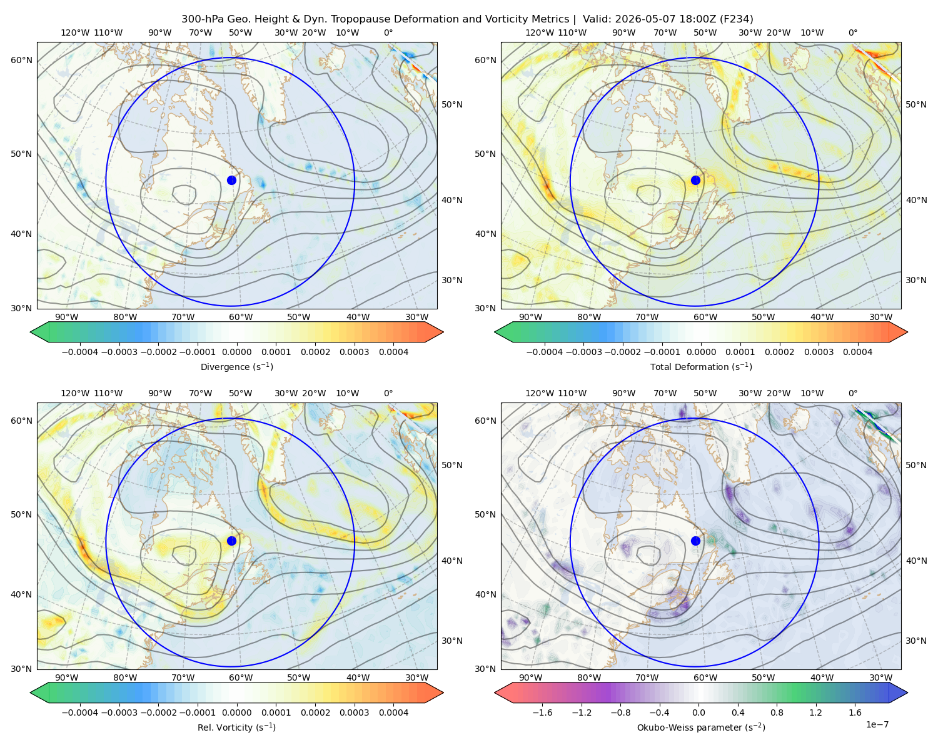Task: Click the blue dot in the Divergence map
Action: point(231,180)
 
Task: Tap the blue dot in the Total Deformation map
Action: point(695,180)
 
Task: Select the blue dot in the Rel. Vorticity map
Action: point(231,541)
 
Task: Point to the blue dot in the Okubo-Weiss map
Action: point(695,541)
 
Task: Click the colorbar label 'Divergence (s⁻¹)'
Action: point(236,366)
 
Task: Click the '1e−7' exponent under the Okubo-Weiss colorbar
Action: point(877,724)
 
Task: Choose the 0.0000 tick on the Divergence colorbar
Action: point(236,352)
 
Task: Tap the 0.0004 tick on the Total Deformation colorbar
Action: point(857,352)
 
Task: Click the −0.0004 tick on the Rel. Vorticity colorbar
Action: point(80,712)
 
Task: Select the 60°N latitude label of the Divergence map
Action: point(21,60)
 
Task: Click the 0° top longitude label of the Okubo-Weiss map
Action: point(852,393)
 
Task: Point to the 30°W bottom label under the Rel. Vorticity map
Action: point(416,677)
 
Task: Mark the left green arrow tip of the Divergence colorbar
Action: point(31,332)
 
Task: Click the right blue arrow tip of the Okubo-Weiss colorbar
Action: point(907,692)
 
